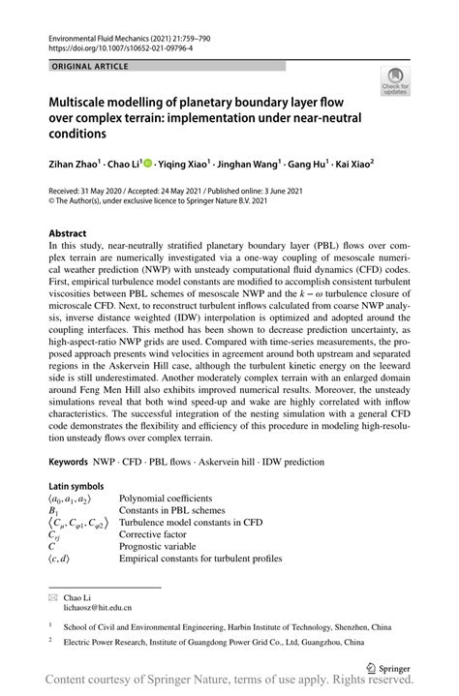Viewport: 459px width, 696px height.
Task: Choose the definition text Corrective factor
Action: click(x=159, y=533)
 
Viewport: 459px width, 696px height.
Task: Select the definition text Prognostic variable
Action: click(x=163, y=546)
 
